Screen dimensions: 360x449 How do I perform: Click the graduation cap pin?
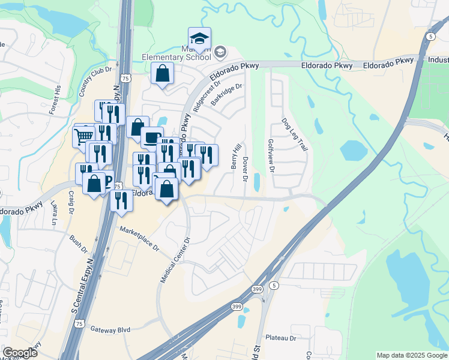click(199, 39)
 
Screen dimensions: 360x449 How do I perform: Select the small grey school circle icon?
click(220, 52)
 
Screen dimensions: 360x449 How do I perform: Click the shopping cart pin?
click(83, 136)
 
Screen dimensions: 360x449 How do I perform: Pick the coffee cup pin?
click(152, 137)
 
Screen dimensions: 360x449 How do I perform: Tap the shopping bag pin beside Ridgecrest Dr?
click(162, 74)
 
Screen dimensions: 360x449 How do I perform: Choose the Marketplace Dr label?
click(139, 238)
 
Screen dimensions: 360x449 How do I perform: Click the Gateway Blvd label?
click(110, 329)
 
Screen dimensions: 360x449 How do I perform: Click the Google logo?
click(20, 353)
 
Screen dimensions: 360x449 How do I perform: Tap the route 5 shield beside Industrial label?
click(431, 37)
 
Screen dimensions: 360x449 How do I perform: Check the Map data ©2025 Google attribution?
click(411, 355)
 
